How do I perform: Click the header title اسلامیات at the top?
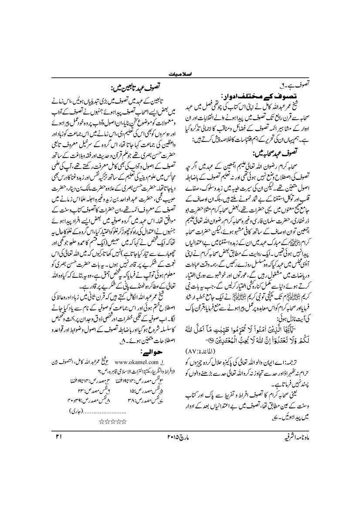pyautogui.click(x=180, y=74)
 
